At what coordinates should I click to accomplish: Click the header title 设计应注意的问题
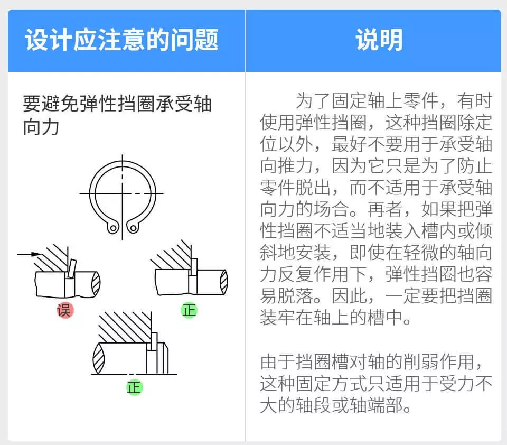pyautogui.click(x=122, y=41)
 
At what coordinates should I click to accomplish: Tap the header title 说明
pyautogui.click(x=379, y=41)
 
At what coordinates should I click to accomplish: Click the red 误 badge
pyautogui.click(x=65, y=310)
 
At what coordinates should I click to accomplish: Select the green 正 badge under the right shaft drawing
pyautogui.click(x=189, y=310)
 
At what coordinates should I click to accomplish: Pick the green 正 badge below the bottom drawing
pyautogui.click(x=134, y=387)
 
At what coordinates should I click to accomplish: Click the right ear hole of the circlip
pyautogui.click(x=133, y=228)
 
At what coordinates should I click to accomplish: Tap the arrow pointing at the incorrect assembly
pyautogui.click(x=30, y=254)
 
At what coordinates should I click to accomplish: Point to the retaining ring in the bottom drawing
pyautogui.click(x=154, y=341)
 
